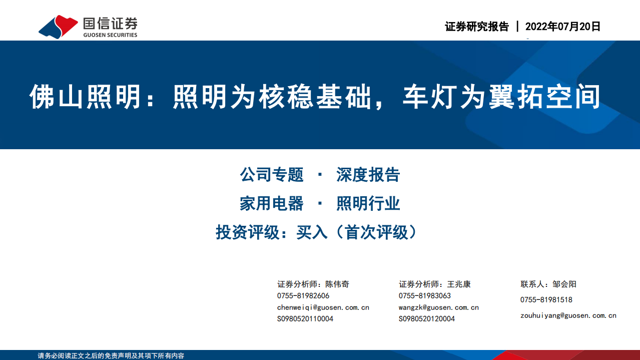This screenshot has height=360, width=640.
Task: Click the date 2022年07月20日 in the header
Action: pyautogui.click(x=563, y=27)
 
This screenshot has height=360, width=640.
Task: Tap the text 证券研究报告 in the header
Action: pyautogui.click(x=476, y=27)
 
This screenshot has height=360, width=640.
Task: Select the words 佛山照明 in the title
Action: pyautogui.click(x=86, y=97)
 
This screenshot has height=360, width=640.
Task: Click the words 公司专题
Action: pyautogui.click(x=272, y=175)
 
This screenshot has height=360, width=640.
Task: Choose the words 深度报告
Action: pyautogui.click(x=368, y=175)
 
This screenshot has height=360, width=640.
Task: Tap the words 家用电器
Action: pyautogui.click(x=272, y=204)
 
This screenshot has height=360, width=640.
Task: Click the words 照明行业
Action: pyautogui.click(x=368, y=204)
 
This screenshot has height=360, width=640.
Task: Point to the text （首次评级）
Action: pyautogui.click(x=376, y=232)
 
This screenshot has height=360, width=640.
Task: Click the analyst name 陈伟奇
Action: pyautogui.click(x=337, y=284)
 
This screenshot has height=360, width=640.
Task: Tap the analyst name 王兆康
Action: pyautogui.click(x=459, y=284)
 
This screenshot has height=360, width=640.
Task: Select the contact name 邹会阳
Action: pyautogui.click(x=564, y=284)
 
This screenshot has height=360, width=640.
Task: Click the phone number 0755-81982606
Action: pyautogui.click(x=303, y=296)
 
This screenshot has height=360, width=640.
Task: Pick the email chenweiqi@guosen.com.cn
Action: pyautogui.click(x=323, y=307)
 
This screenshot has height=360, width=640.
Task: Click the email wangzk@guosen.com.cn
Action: pyautogui.click(x=439, y=307)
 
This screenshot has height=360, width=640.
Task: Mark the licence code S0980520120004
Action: pyautogui.click(x=427, y=319)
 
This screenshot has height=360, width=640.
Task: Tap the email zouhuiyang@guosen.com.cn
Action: pyautogui.click(x=568, y=315)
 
